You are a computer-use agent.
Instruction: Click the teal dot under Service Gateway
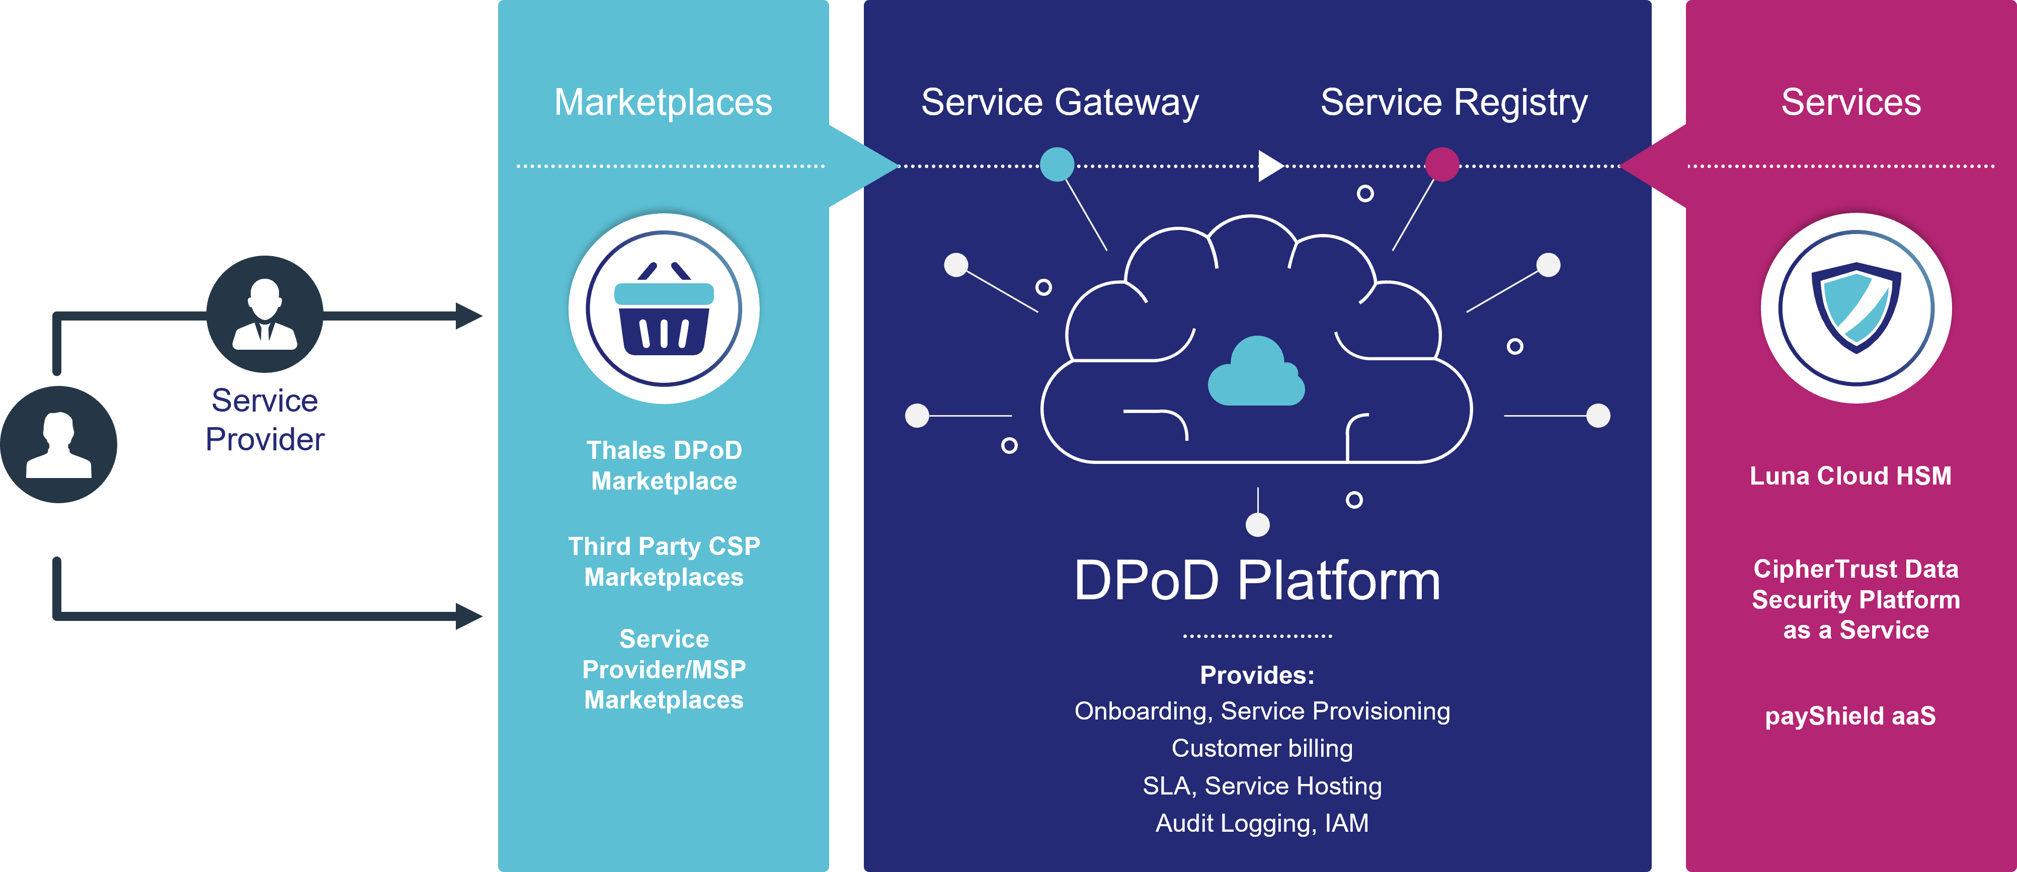[x=1057, y=165]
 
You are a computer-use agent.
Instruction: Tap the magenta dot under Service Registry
[x=1442, y=165]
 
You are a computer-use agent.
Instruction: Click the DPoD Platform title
[x=1257, y=581]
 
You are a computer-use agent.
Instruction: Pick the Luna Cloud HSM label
[x=1850, y=476]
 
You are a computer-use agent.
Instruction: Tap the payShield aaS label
[x=1850, y=716]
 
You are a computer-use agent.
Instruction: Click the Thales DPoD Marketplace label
[x=664, y=465]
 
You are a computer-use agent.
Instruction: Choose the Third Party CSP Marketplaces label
[x=664, y=561]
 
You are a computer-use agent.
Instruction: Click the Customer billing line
[x=1261, y=748]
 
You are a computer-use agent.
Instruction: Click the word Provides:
[x=1257, y=675]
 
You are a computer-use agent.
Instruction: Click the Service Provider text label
[x=265, y=420]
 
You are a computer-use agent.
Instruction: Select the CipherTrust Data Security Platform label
[x=1855, y=599]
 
